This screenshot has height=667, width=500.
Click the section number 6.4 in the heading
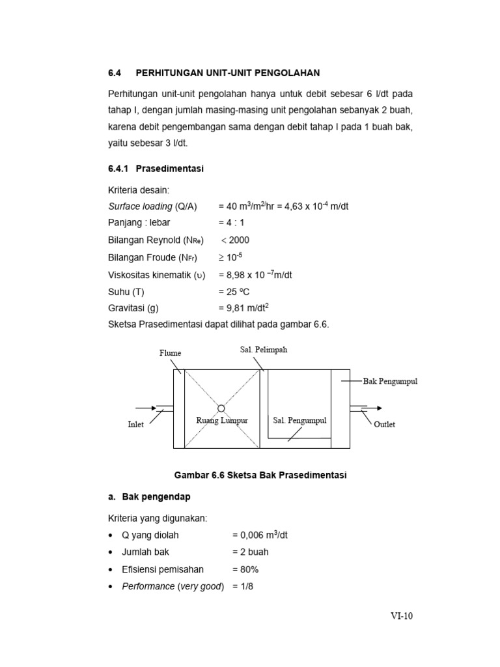tap(115, 72)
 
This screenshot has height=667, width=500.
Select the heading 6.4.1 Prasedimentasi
tap(156, 169)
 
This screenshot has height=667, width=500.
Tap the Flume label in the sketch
tap(171, 353)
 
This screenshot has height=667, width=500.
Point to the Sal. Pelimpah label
tap(264, 350)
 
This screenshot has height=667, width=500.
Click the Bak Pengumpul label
tap(390, 381)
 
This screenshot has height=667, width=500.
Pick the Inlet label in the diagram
tap(135, 425)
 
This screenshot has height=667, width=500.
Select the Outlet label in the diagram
tap(384, 424)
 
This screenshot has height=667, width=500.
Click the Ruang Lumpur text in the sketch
tap(222, 420)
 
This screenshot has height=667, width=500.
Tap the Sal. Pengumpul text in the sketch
tap(299, 420)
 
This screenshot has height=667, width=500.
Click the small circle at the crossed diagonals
tap(221, 408)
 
